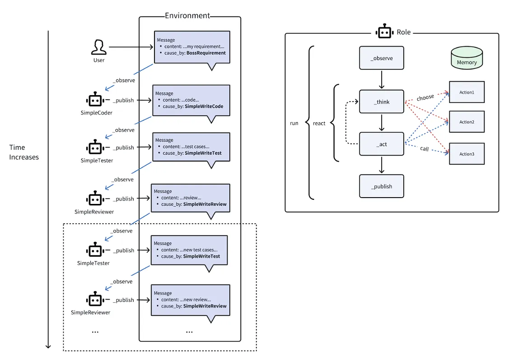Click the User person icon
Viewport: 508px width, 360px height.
pyautogui.click(x=99, y=47)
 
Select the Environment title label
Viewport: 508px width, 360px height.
pyautogui.click(x=187, y=15)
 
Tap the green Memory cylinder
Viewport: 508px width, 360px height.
pyautogui.click(x=467, y=58)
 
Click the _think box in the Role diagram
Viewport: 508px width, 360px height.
pyautogui.click(x=382, y=102)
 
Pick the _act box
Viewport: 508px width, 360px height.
pyautogui.click(x=382, y=144)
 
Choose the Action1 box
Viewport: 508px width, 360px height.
pyautogui.click(x=467, y=92)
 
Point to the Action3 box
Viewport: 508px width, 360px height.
pyautogui.click(x=467, y=154)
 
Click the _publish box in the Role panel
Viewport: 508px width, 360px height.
pyautogui.click(x=382, y=186)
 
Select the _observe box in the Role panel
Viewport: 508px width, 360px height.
pyautogui.click(x=382, y=58)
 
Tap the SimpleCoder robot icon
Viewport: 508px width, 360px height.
pyautogui.click(x=95, y=100)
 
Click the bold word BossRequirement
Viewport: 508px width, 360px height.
pyautogui.click(x=206, y=53)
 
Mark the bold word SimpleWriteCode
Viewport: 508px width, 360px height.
pyautogui.click(x=204, y=106)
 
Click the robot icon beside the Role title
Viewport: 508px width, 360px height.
pyautogui.click(x=385, y=32)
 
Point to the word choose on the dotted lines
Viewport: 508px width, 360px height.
pyautogui.click(x=425, y=97)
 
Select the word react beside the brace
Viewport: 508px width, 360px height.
pyautogui.click(x=319, y=123)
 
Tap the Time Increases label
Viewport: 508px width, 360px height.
pyautogui.click(x=24, y=152)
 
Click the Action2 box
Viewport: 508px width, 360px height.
pyautogui.click(x=467, y=122)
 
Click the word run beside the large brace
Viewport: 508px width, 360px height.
pyautogui.click(x=294, y=123)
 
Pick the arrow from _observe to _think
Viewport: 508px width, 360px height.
pyautogui.click(x=382, y=80)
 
